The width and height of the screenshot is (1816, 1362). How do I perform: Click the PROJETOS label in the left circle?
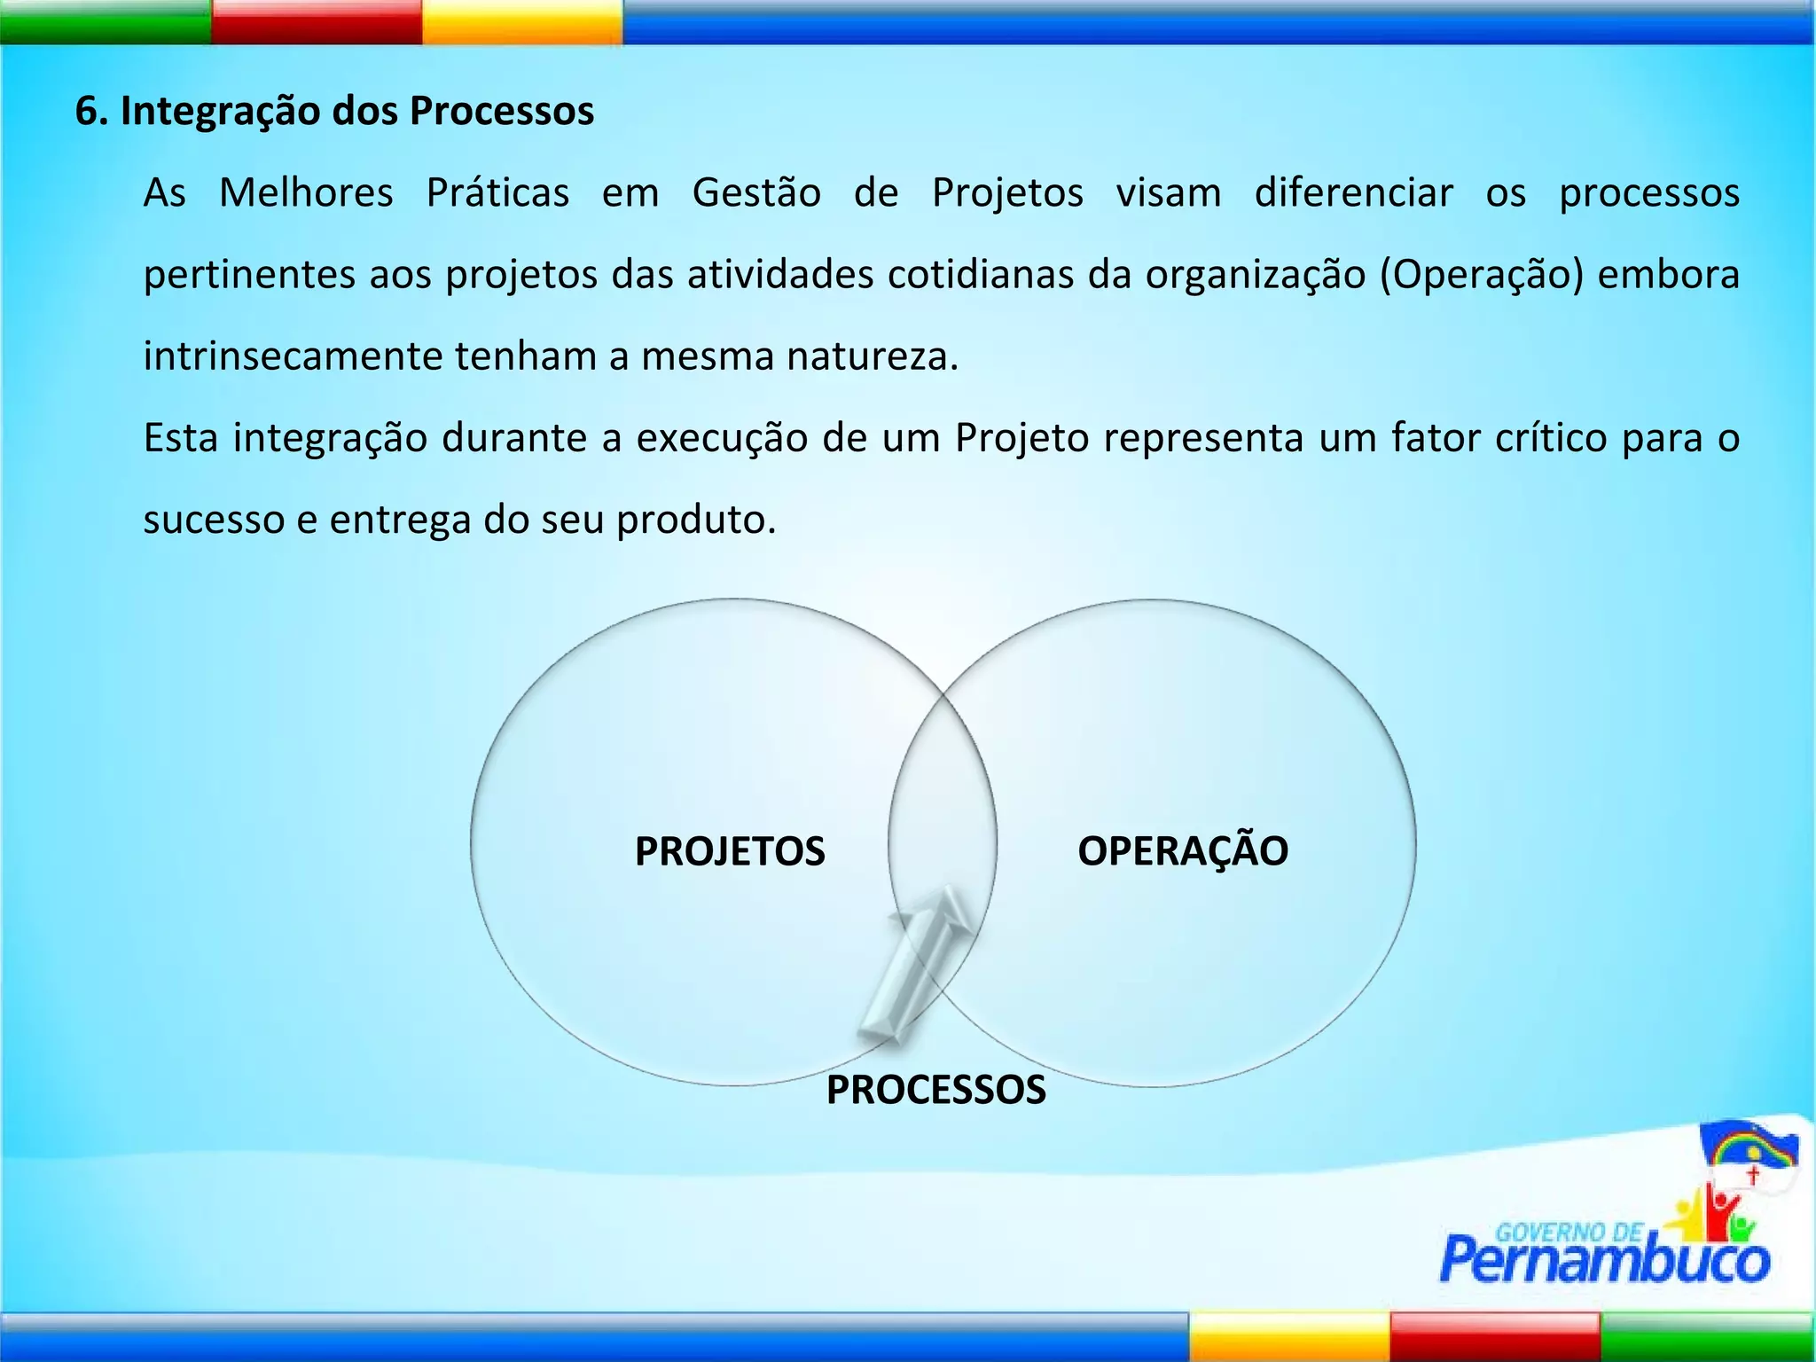(730, 851)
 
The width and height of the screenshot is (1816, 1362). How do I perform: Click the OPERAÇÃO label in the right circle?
(1182, 850)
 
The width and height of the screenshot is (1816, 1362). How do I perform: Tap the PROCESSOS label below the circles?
(935, 1089)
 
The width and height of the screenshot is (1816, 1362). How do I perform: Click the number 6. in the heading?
(90, 112)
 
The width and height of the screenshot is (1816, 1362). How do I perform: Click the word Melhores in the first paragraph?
(306, 192)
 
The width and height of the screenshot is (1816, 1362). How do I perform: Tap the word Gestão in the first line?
(756, 192)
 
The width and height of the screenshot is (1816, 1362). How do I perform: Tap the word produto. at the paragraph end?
(696, 520)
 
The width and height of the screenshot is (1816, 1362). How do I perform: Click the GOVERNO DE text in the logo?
(1569, 1232)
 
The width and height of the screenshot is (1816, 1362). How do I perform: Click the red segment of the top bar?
(317, 21)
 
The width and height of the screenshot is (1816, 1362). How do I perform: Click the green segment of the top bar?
(105, 21)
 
